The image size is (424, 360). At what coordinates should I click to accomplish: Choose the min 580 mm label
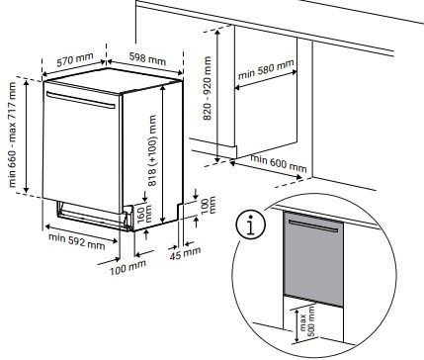point(266,75)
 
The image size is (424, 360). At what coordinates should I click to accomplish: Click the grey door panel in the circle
point(310,262)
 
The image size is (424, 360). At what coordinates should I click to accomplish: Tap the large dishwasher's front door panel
point(85,148)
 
